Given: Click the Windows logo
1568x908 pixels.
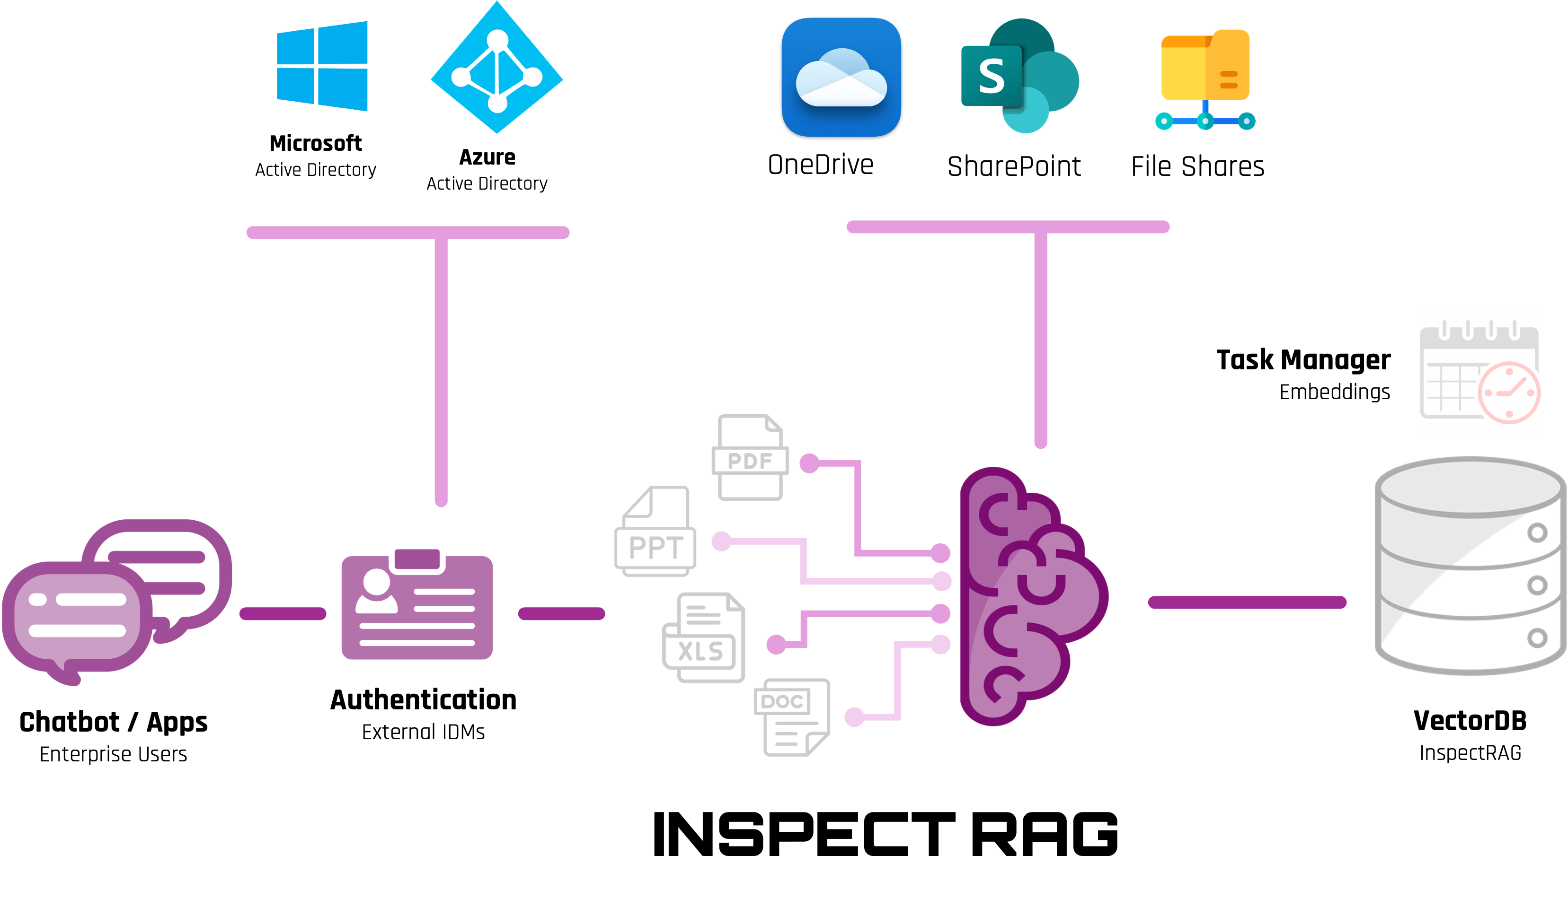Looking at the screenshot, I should (x=322, y=66).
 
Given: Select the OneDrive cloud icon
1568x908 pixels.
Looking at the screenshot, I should (x=841, y=77).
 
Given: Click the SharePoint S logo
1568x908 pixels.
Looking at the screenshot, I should (x=992, y=76).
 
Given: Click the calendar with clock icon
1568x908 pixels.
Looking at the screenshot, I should (x=1479, y=372).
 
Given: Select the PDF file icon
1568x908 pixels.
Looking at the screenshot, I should (x=750, y=457).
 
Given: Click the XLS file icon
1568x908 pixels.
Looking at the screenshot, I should (x=703, y=637).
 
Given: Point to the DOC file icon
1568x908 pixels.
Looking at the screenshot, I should (x=791, y=716).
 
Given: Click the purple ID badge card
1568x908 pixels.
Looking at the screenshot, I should (x=417, y=606).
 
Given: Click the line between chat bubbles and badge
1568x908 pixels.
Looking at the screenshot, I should (x=283, y=614).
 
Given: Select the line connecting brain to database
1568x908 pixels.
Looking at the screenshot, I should (x=1247, y=602).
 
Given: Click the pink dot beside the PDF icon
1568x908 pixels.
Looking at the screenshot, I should (x=809, y=463).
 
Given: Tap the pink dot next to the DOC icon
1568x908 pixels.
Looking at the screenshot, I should (x=854, y=717).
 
